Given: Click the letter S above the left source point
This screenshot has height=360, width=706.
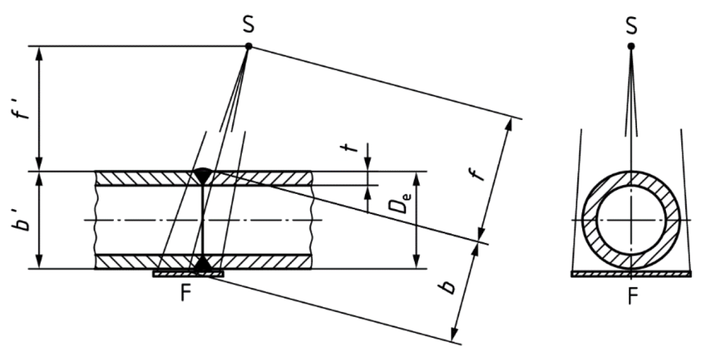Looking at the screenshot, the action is pos(248,26).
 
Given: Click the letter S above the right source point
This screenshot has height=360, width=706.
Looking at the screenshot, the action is pos(632,26).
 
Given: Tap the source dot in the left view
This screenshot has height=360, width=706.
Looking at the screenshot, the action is pos(248,46).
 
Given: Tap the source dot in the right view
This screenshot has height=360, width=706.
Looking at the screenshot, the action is pos(632,46).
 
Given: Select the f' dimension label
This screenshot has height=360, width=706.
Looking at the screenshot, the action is pos(23,108).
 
